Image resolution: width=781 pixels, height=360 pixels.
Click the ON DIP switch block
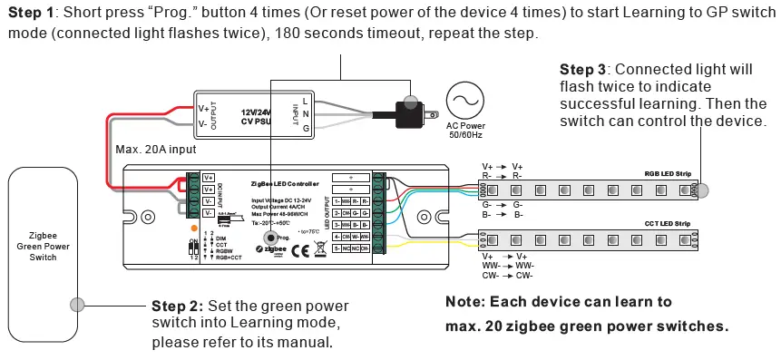[192, 248]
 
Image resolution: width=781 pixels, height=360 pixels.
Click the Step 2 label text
[178, 306]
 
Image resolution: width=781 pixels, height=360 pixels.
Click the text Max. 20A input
[155, 149]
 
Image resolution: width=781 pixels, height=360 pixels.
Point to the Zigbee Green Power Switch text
[43, 245]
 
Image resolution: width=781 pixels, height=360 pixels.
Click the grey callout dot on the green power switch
[77, 305]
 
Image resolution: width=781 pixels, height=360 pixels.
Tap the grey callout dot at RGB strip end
[703, 189]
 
